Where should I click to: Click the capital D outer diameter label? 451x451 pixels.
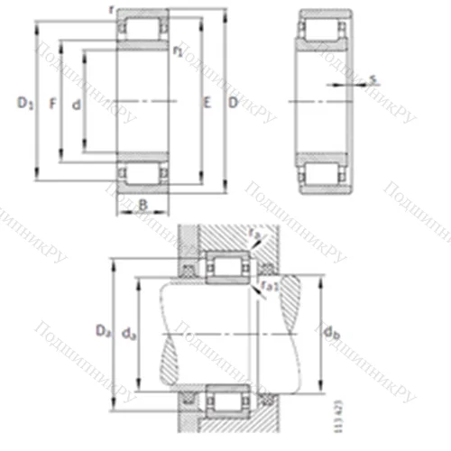coord(233,106)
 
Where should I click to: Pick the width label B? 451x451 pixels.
coord(143,206)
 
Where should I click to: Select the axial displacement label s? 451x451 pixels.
coord(372,80)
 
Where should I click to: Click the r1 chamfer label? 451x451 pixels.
coord(178,52)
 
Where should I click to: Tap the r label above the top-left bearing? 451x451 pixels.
coord(109,8)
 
